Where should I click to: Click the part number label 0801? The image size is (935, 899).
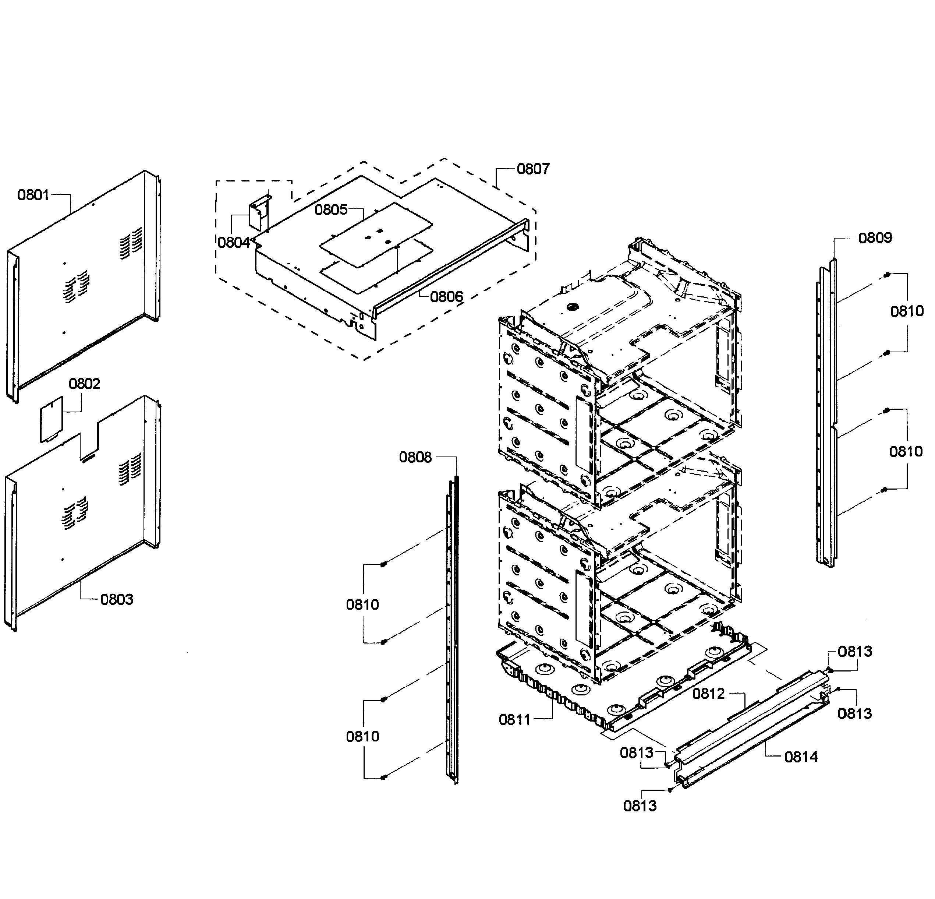tap(33, 195)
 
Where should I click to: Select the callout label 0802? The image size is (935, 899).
tap(84, 384)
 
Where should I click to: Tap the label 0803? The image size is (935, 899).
tap(117, 599)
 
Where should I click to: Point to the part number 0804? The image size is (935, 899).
tap(234, 243)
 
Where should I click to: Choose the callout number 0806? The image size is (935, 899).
tap(446, 297)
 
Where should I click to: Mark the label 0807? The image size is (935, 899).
tap(533, 169)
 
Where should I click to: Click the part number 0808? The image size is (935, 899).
tap(415, 458)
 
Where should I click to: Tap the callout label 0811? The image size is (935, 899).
tap(515, 720)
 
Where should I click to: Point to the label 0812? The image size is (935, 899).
tap(708, 694)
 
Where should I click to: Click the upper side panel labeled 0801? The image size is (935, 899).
tap(84, 286)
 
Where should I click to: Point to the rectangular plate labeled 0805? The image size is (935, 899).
tap(376, 234)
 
